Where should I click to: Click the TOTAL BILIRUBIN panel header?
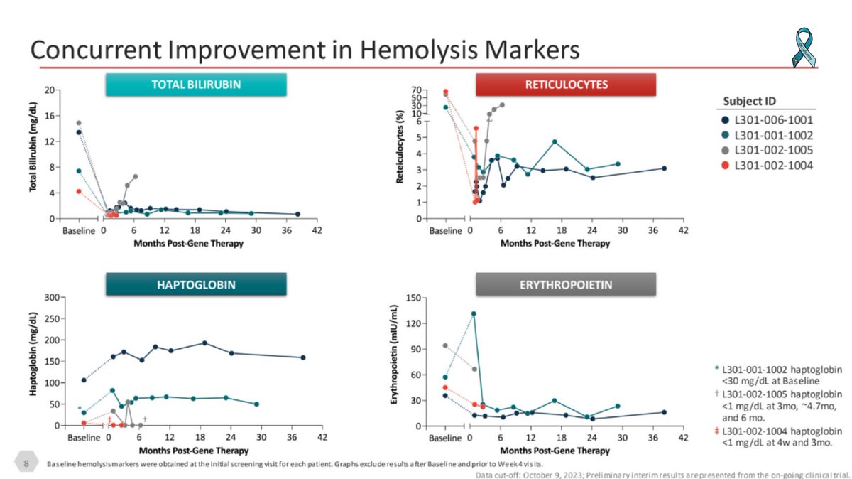[x=196, y=85]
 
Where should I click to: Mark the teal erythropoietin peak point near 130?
[x=474, y=313]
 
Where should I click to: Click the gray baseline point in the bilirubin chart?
[x=79, y=123]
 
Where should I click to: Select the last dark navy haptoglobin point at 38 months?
[x=303, y=357]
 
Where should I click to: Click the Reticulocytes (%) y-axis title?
[x=400, y=154]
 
